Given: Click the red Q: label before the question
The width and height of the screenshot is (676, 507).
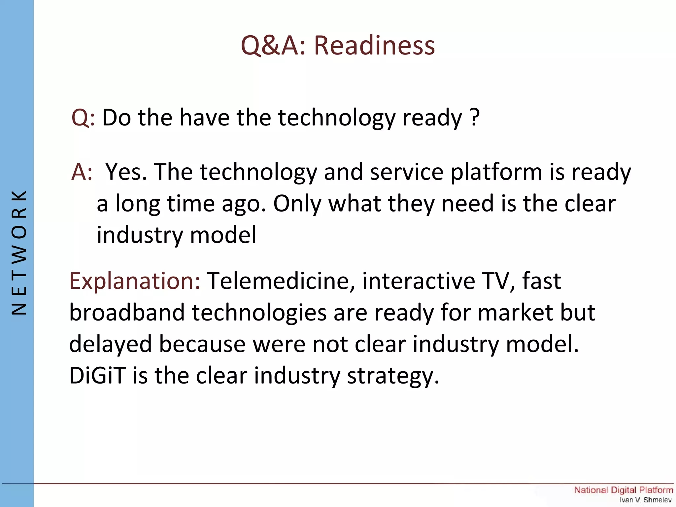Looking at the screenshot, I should (x=83, y=118).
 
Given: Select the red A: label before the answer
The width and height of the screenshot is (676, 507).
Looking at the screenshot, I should (x=82, y=172).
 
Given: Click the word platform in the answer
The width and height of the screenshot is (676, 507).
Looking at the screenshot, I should (x=496, y=173).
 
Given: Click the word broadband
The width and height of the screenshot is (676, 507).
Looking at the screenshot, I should (x=127, y=312).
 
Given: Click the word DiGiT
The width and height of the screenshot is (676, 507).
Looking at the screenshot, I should (x=97, y=376).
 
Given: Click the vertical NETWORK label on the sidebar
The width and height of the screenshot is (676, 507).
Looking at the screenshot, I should (x=19, y=253).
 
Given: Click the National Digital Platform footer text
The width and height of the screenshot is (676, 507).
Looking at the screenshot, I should (x=623, y=490).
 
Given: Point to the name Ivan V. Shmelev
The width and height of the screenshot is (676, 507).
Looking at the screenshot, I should (x=645, y=500).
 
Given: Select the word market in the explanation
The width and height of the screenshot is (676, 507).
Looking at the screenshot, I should (x=515, y=312).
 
